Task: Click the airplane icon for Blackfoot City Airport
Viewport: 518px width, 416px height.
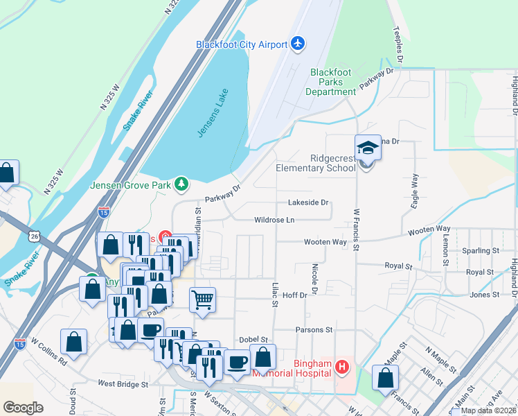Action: [298, 44]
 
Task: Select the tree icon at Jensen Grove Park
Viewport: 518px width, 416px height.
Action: [181, 184]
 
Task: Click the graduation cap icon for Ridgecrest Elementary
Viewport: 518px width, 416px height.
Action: [368, 148]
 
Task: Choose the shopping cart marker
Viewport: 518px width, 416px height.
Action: [202, 300]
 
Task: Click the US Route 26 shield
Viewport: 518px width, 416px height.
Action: [35, 236]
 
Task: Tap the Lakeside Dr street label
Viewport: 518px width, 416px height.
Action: [308, 202]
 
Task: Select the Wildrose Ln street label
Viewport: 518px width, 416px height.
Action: [274, 220]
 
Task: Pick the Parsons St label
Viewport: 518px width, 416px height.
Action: [314, 330]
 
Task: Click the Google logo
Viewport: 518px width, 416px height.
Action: [23, 408]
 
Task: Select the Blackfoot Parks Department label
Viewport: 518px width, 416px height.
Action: [333, 82]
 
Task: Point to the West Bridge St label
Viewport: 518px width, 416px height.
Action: [123, 383]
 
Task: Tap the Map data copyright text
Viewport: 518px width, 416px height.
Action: [488, 410]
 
